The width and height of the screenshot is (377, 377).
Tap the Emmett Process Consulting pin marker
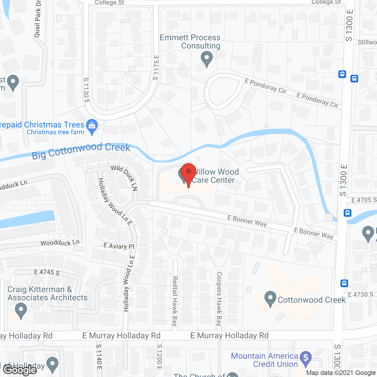(207, 58)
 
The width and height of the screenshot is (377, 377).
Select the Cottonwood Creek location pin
(270, 299)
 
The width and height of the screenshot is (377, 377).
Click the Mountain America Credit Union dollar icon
(306, 358)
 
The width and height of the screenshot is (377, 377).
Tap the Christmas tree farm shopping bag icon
(92, 127)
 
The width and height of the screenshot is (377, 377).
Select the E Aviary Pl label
(119, 246)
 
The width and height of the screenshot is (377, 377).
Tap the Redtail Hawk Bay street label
(175, 301)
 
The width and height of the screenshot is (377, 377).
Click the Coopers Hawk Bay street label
(219, 298)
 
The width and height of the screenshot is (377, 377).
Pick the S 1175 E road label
(156, 68)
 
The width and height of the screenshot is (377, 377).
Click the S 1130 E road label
(86, 90)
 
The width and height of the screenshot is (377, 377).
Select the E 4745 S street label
(47, 272)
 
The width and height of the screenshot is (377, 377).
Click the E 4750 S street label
(361, 295)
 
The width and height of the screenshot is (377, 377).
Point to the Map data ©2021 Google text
(341, 373)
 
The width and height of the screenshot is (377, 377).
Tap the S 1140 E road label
(99, 357)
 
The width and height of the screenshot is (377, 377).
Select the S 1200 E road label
(159, 357)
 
